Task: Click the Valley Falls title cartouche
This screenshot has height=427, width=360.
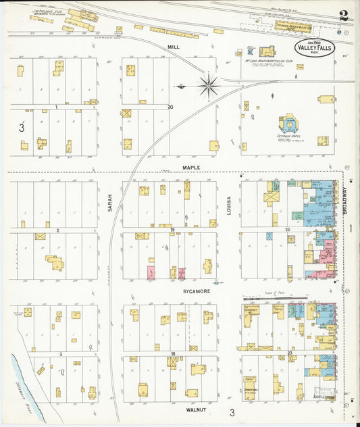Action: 314,48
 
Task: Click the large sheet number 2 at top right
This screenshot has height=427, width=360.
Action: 344,16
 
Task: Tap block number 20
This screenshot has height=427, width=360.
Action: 170,107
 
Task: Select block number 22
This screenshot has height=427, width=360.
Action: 287,230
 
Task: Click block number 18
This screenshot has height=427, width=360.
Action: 173,353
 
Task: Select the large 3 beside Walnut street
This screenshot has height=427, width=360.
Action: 231,412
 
